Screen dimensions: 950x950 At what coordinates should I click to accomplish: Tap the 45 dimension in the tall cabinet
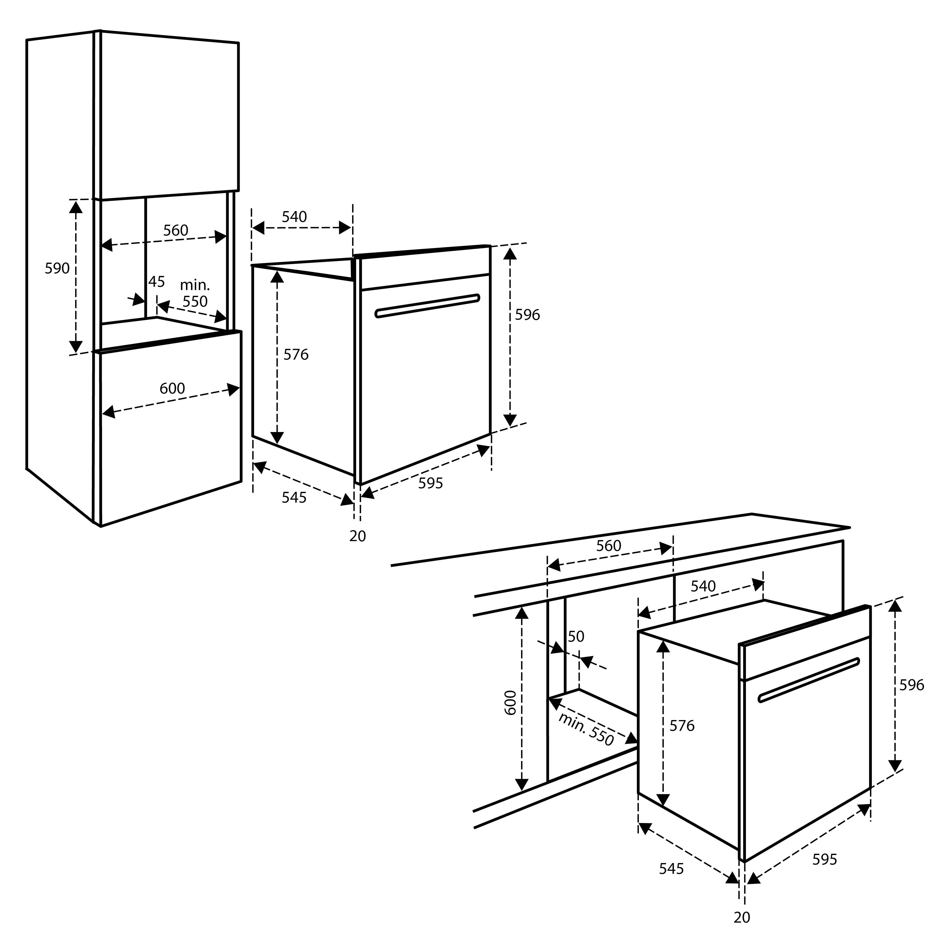point(156,282)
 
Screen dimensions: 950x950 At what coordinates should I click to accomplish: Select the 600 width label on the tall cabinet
point(172,389)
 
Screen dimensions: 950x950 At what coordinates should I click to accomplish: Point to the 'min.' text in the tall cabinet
point(195,285)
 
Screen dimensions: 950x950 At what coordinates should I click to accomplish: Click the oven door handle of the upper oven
point(427,306)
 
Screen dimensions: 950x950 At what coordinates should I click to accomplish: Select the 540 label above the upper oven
point(294,217)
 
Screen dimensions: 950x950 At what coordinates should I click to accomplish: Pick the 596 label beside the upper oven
point(527,315)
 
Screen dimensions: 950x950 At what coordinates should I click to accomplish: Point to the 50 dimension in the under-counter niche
point(576,636)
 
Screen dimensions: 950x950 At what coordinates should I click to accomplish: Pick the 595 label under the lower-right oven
point(825,860)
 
